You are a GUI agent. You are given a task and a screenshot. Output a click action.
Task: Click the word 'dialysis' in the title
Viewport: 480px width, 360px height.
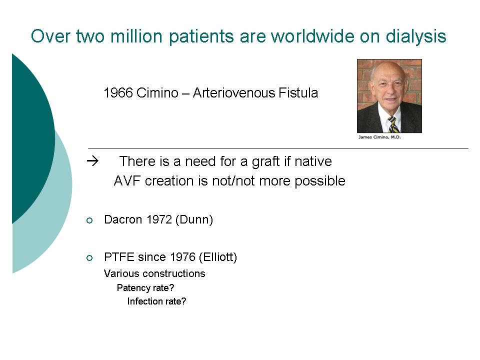[x=415, y=36]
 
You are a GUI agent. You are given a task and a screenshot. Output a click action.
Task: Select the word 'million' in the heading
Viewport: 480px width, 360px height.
[x=136, y=36]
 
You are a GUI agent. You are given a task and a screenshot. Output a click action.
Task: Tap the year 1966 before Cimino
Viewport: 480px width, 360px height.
[x=118, y=93]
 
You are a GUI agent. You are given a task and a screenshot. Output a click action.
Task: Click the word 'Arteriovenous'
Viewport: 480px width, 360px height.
[x=234, y=93]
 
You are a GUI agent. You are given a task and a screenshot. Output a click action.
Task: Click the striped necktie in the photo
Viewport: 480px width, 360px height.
[x=392, y=124]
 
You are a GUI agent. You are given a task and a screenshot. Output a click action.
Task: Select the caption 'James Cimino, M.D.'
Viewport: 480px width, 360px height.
[x=379, y=137]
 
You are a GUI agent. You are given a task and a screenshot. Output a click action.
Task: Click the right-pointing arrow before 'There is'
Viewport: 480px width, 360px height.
[x=93, y=161]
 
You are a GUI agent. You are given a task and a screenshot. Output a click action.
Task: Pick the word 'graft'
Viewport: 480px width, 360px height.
[x=265, y=161]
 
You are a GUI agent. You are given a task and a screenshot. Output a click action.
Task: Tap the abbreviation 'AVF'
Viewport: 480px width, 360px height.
[x=127, y=181]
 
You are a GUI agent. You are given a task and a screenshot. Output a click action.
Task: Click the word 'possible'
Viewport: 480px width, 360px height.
[x=320, y=181]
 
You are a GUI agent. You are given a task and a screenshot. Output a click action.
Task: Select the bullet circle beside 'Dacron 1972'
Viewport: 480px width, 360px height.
[x=89, y=220]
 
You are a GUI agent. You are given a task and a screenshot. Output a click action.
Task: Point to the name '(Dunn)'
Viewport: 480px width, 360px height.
[x=194, y=220]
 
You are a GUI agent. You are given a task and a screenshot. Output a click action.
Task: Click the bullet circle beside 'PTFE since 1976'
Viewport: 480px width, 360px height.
[x=89, y=258]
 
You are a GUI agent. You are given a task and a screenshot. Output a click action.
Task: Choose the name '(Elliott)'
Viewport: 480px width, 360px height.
[x=218, y=257]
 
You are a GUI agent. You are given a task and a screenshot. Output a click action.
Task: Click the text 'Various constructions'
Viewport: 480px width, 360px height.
[x=154, y=273]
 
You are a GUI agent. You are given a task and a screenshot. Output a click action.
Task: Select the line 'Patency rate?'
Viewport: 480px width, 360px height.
[x=145, y=288]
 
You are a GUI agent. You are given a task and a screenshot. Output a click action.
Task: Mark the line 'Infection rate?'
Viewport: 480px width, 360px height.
[x=156, y=301]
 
